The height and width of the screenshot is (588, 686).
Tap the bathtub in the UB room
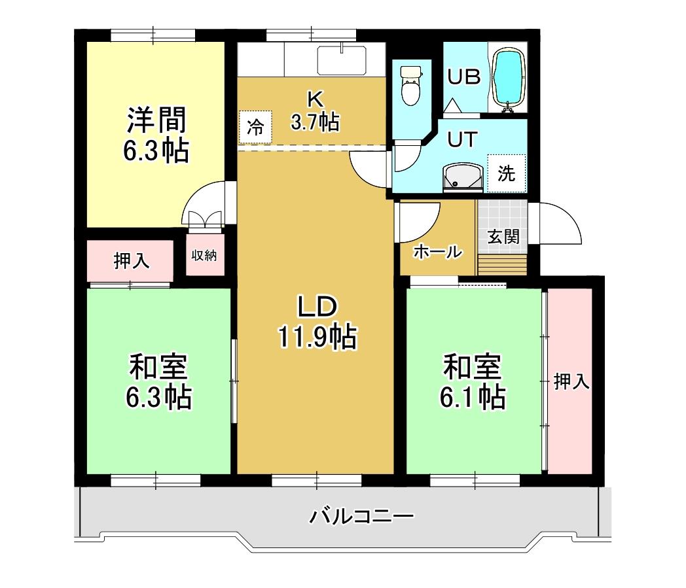[507, 78]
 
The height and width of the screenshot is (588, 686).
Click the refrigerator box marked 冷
[255, 127]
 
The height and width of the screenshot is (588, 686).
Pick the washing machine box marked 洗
[506, 173]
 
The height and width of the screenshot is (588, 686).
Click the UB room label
[463, 77]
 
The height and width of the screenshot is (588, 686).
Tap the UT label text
[463, 139]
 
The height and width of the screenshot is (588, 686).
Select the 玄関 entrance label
[503, 236]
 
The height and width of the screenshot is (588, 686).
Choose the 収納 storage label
[204, 255]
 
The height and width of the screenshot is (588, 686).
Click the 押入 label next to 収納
[132, 260]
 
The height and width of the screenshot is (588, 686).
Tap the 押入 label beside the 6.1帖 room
[572, 381]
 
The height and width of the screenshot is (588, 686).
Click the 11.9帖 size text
[317, 337]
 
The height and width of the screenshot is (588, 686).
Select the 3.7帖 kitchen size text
[315, 122]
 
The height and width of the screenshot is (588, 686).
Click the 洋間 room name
[156, 120]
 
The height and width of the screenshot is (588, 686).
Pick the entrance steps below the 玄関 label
[502, 266]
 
